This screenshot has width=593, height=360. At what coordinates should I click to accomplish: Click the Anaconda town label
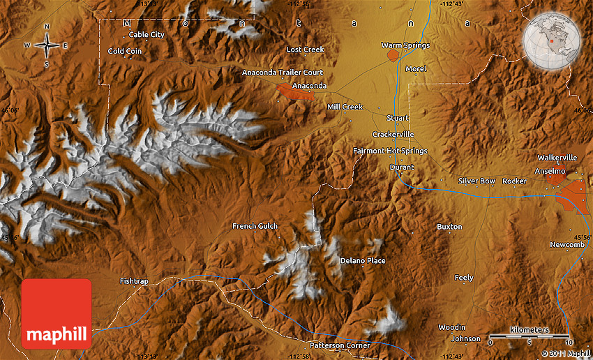[x=309, y=86]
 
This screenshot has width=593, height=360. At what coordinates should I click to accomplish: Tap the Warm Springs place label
[x=405, y=45]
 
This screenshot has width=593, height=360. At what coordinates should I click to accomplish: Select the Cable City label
[x=147, y=34]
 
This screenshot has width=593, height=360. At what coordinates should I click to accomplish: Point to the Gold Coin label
[x=125, y=51]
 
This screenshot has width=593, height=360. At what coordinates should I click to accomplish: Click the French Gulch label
[x=255, y=226]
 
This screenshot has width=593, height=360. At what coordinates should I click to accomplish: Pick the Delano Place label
[x=362, y=261]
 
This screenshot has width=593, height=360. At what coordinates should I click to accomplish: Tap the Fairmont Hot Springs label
[x=390, y=151]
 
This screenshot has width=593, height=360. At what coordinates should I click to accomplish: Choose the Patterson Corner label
[x=340, y=345]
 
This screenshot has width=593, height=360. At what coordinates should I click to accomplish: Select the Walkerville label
[x=557, y=158]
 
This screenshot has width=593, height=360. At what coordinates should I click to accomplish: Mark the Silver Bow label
[x=476, y=181]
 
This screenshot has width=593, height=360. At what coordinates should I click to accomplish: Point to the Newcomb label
[x=566, y=244]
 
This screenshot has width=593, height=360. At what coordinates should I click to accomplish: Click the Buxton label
[x=449, y=227]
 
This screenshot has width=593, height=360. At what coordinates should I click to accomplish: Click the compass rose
[x=47, y=46]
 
